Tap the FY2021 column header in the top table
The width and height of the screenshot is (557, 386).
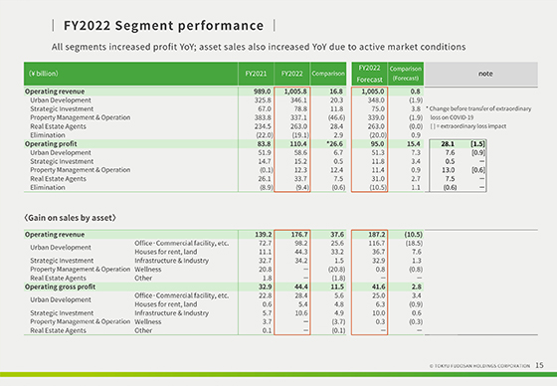(x=257, y=74)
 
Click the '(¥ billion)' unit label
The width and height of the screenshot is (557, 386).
(x=43, y=74)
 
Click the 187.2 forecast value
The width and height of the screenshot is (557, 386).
(x=372, y=234)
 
